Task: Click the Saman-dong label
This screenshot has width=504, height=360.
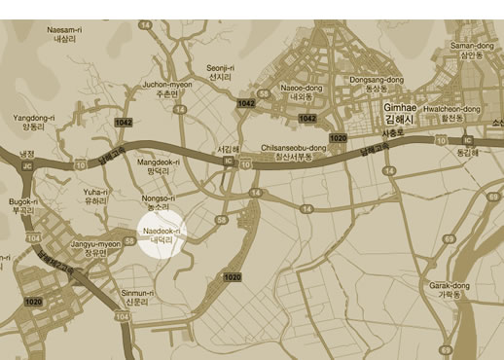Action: click(x=473, y=50)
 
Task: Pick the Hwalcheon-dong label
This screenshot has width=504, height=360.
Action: click(x=450, y=114)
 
